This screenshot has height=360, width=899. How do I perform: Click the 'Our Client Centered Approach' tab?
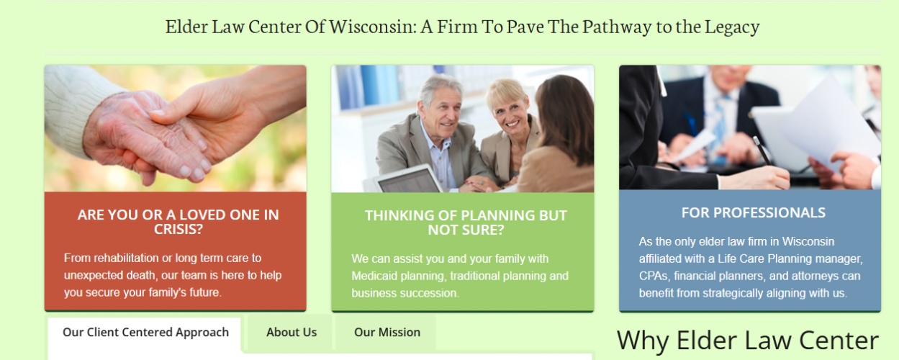click(x=145, y=333)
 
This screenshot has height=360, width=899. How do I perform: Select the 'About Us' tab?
click(x=292, y=333)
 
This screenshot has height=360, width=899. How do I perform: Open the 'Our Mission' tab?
click(x=387, y=333)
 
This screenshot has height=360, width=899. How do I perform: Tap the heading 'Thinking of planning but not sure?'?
click(x=466, y=222)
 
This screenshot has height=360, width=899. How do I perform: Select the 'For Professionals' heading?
click(x=753, y=213)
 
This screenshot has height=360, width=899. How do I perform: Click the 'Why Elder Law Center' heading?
click(x=748, y=340)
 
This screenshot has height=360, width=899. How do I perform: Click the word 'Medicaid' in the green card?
click(x=375, y=276)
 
